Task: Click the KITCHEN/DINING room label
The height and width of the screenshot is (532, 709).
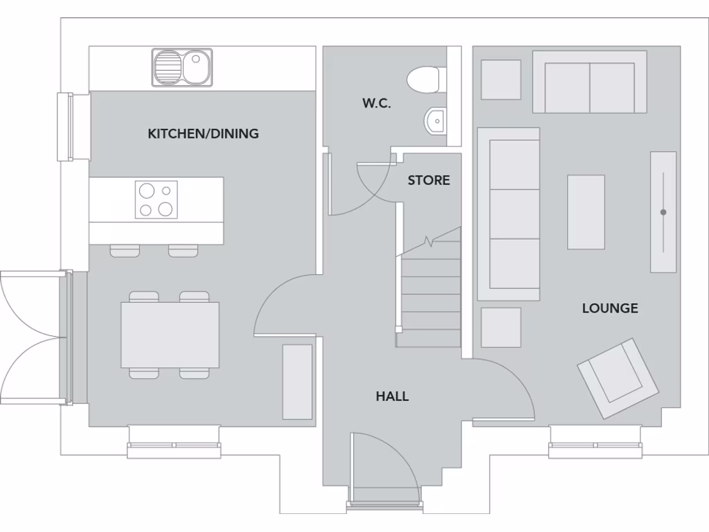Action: tap(203, 134)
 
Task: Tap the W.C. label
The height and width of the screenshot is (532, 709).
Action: tap(376, 104)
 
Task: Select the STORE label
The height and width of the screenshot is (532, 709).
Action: tap(429, 180)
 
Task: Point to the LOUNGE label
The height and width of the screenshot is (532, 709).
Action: tap(609, 308)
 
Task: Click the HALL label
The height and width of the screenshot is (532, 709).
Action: tap(392, 396)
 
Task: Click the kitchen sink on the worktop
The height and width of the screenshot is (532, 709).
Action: tap(182, 67)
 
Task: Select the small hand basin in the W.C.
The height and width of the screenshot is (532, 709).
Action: tap(436, 121)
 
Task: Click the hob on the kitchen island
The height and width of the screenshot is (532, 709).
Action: tap(156, 199)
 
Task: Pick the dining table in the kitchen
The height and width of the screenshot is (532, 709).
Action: tap(170, 335)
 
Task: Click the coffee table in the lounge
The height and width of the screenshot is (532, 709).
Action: tap(586, 212)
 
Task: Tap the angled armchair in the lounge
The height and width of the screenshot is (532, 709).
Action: tap(618, 378)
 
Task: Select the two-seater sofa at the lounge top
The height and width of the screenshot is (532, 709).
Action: tap(589, 83)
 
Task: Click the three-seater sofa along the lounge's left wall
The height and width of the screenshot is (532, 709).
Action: tap(510, 214)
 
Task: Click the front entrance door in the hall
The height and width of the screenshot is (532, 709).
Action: tap(384, 471)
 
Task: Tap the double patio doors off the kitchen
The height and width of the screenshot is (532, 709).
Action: tap(35, 337)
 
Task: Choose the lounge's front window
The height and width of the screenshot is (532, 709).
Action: tap(596, 443)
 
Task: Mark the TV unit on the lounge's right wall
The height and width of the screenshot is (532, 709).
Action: tap(663, 212)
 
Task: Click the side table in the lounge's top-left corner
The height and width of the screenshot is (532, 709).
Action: tap(501, 80)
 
